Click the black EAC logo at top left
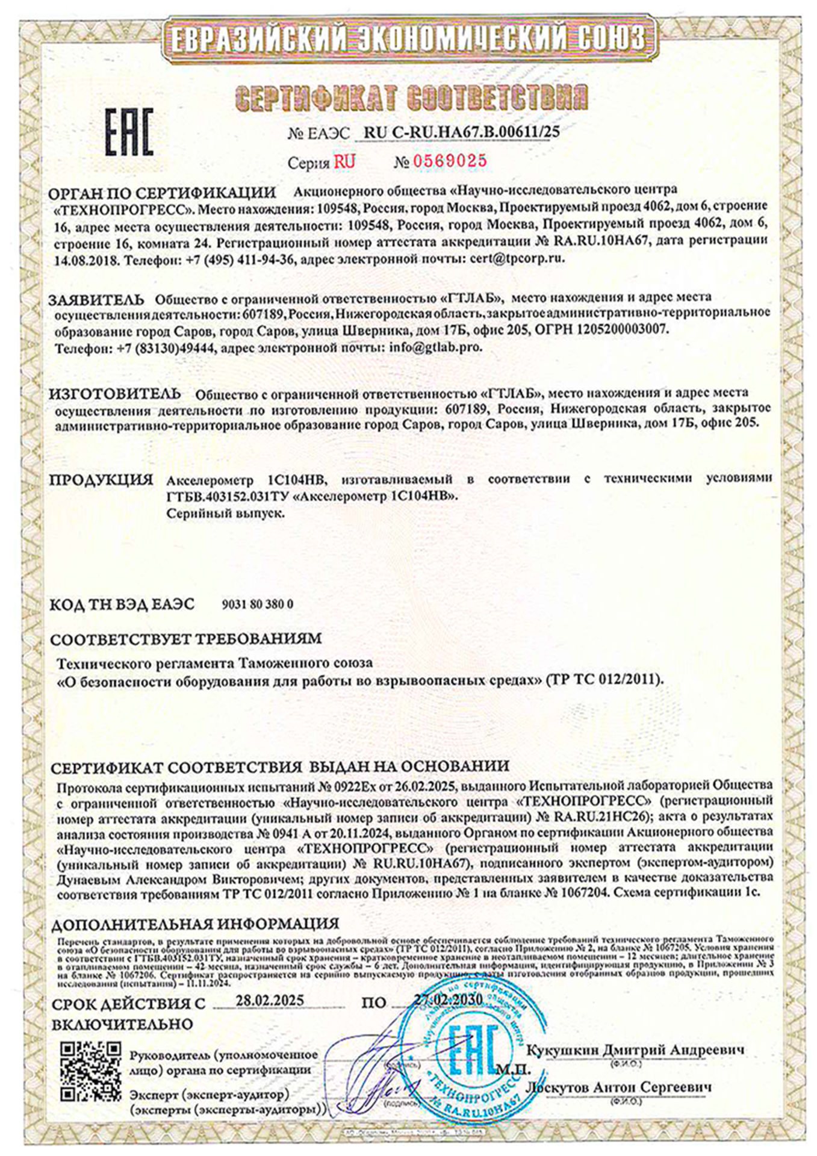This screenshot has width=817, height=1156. click(129, 132)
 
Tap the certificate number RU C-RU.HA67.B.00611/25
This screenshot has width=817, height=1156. click(462, 132)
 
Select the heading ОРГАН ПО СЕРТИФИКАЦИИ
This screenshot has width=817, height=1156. click(162, 193)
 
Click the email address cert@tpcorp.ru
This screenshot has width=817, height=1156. click(514, 258)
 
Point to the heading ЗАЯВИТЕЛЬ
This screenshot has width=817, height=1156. click(96, 299)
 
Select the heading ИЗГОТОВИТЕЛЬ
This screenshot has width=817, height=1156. click(114, 394)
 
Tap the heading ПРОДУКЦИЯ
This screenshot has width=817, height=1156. click(101, 480)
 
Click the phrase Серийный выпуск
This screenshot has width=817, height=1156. click(225, 513)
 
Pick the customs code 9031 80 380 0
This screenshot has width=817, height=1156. click(258, 604)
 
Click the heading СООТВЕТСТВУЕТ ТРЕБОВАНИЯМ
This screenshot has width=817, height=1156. click(186, 638)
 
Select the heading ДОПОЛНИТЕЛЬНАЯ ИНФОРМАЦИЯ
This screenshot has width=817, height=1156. click(195, 923)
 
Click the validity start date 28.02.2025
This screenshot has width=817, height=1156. click(269, 1000)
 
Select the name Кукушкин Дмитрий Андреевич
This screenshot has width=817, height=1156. click(635, 1049)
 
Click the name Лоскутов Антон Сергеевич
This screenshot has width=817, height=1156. click(619, 1087)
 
